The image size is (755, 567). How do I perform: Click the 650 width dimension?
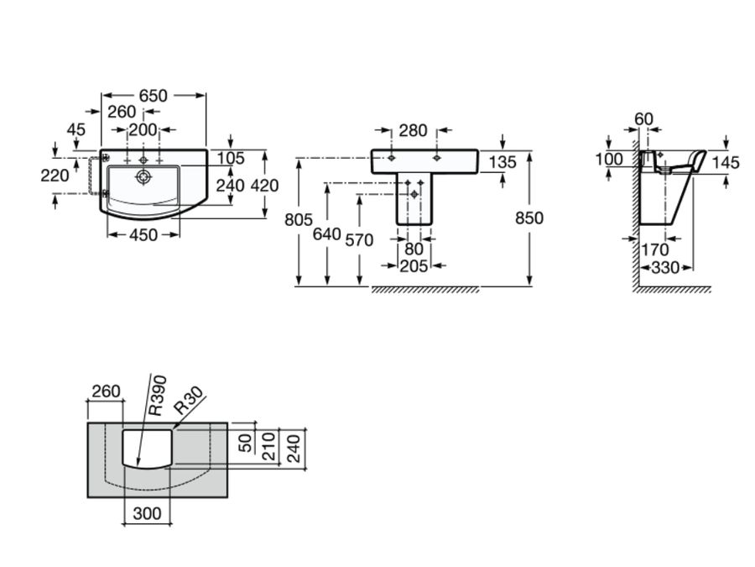click(154, 96)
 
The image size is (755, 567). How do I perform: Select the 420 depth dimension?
click(264, 186)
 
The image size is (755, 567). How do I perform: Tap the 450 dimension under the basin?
click(143, 235)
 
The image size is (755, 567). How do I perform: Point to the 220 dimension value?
click(55, 176)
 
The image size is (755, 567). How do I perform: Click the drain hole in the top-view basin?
click(143, 177)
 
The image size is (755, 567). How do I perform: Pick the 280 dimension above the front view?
click(413, 130)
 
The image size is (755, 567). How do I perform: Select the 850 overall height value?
click(529, 218)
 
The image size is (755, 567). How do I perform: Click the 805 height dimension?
click(299, 220)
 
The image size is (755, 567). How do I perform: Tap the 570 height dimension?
click(359, 240)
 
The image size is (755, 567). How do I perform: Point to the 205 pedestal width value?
click(414, 266)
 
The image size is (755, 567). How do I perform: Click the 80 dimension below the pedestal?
click(414, 249)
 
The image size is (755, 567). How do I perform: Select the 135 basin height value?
click(502, 162)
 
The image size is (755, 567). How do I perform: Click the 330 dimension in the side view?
click(665, 268)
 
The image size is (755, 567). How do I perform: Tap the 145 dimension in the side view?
click(726, 162)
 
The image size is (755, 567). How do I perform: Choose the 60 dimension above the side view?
click(643, 118)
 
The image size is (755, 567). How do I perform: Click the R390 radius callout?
click(158, 396)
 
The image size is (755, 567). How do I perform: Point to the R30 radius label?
click(188, 402)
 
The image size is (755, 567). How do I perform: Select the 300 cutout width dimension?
click(147, 513)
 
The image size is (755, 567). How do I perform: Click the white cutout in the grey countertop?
click(148, 449)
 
